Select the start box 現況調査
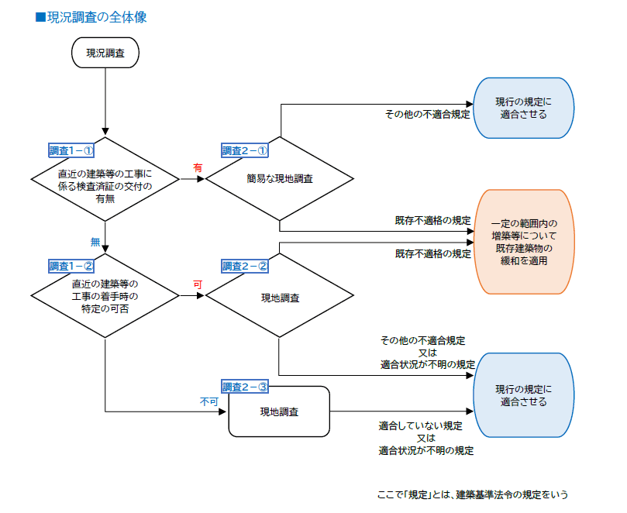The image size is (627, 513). coord(105,53)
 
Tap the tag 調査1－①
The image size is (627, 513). coord(71,150)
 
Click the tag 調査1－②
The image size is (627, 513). coord(71,267)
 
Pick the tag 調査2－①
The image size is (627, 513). coord(245,150)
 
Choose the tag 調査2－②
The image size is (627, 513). coord(245,267)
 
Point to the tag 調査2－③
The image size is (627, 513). coord(245,387)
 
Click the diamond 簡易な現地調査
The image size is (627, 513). coord(280,179)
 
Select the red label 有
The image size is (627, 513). coord(198,167)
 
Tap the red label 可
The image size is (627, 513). coord(198,284)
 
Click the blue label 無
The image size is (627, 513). coord(95,242)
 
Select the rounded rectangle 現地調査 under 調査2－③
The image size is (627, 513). coord(280,411)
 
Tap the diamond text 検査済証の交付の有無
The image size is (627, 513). coord(105,185)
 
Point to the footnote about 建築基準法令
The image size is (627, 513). coord(477,494)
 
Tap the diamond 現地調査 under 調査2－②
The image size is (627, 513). coord(280,296)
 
